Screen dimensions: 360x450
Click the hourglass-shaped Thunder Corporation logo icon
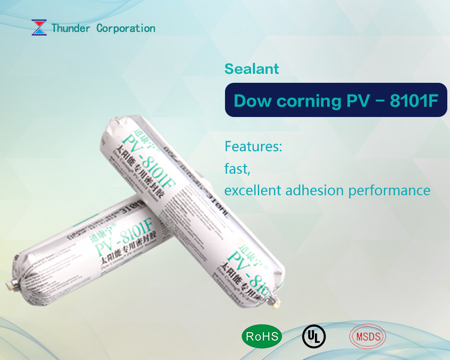[39, 28]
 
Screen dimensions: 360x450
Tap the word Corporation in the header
[126, 28]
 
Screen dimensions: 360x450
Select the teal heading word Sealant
[252, 69]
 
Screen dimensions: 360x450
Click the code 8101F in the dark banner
[414, 100]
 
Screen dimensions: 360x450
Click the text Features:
[253, 147]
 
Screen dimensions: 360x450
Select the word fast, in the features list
[237, 169]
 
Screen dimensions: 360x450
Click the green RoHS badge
[262, 336]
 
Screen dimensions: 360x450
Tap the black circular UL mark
[314, 336]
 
